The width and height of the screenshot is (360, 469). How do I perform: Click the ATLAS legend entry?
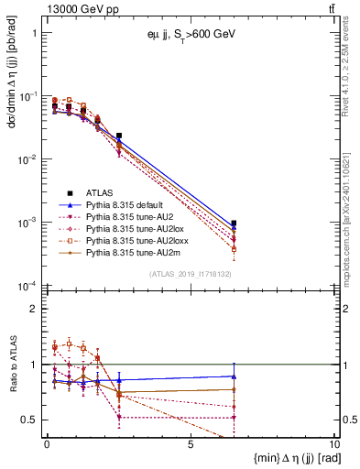point(98,192)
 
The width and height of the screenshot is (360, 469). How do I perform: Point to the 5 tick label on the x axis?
point(191,443)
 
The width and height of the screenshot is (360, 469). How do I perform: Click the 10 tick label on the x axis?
point(333,443)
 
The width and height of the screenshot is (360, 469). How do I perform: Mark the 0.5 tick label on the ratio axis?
point(29,420)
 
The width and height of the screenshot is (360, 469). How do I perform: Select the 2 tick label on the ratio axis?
point(33,309)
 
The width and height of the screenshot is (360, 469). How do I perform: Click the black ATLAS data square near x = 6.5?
point(234,224)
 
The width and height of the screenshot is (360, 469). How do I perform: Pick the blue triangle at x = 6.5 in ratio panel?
point(234,376)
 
